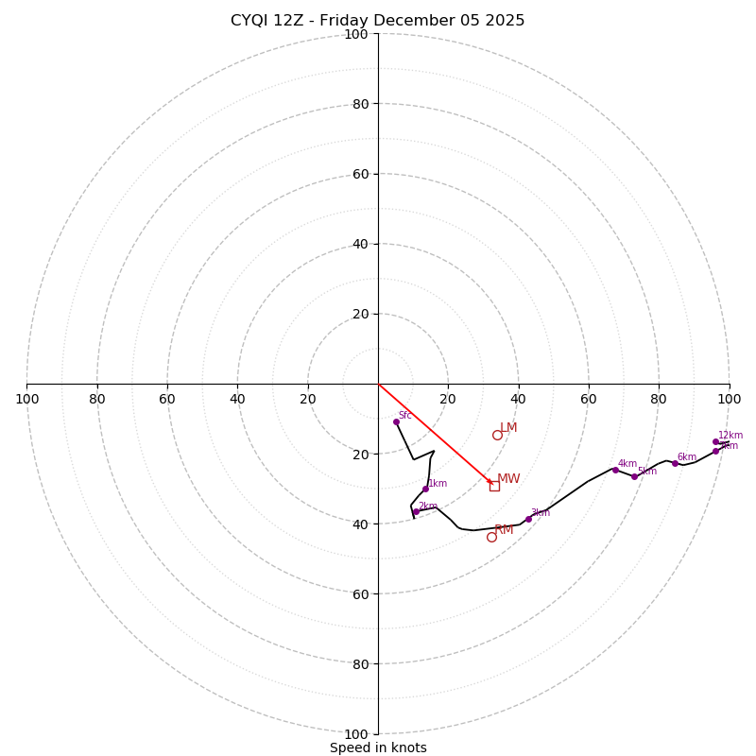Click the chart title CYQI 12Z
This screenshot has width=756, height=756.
point(377,21)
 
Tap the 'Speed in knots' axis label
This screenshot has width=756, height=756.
point(378,747)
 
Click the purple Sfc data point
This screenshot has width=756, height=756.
point(396,421)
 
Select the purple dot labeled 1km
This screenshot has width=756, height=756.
point(425,489)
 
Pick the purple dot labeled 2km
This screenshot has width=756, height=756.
point(416,511)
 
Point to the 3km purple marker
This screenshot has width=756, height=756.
point(528,519)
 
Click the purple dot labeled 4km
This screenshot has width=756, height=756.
point(615,470)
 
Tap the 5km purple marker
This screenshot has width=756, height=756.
point(634,476)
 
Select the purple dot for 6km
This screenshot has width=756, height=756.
point(675,463)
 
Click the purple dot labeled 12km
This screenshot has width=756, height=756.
point(715,441)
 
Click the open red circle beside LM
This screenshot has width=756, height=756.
point(497,435)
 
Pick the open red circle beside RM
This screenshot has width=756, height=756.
point(491,537)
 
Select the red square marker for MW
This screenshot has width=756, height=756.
point(494,486)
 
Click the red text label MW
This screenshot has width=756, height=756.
point(508,479)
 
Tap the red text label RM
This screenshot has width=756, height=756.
point(504,530)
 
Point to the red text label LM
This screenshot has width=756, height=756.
point(508,428)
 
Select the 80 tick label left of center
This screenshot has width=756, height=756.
point(97,399)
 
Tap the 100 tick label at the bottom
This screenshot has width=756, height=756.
point(355,734)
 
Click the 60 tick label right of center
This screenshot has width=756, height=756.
point(588,399)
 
